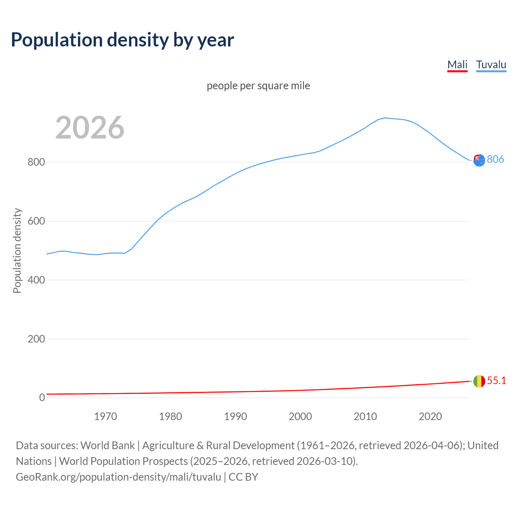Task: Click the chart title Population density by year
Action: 122,40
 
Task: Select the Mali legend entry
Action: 457,65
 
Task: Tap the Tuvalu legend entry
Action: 491,65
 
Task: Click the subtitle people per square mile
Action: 258,86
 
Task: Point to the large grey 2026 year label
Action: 90,128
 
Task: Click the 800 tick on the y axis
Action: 36,162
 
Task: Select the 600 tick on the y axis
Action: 36,221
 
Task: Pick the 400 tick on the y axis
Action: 36,280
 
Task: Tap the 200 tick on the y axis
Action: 36,339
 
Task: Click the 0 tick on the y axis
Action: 42,397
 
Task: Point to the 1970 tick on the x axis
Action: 105,416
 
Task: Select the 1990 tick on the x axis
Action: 235,416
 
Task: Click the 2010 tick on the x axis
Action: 365,416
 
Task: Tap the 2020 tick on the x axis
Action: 430,416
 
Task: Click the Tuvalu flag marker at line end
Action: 479,160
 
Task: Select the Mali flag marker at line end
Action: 479,381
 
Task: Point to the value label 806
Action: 495,159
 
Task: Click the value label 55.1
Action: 496,380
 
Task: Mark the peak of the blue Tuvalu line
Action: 385,118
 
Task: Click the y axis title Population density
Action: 17,250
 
